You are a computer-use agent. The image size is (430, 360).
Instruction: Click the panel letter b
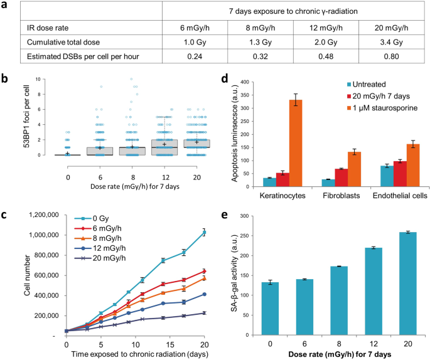tap(5, 79)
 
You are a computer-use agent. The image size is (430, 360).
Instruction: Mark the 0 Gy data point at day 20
tap(203, 233)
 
